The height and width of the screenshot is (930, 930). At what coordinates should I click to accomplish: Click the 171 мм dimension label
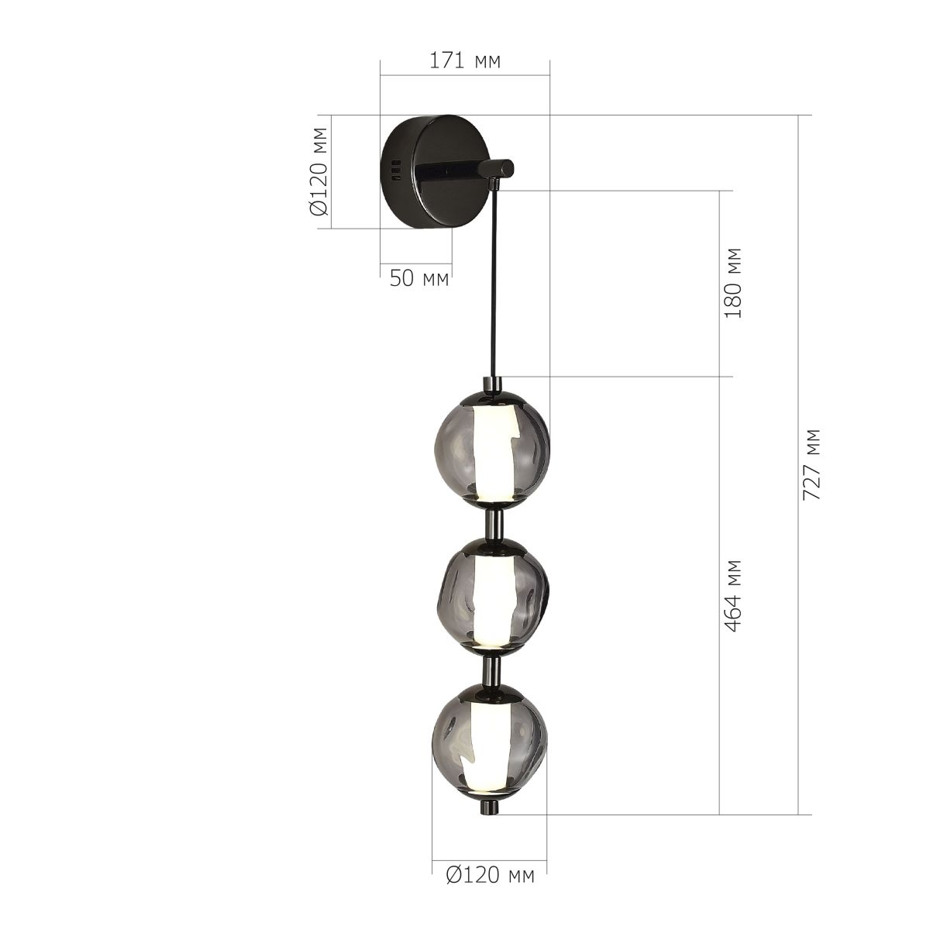coord(465,61)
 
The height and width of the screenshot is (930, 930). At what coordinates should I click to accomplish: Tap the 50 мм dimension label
coord(418,279)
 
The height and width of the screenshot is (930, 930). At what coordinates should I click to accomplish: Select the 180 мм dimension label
coord(733,283)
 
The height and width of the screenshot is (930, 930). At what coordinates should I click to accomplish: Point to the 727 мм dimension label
coord(811,463)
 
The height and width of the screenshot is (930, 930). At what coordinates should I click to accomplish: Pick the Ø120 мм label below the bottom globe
coord(491,876)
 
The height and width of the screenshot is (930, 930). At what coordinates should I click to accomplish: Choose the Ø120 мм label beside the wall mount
coord(319,171)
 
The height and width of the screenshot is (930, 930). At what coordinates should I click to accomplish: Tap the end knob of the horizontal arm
coord(497,169)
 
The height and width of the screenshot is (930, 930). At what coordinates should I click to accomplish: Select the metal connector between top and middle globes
coord(493,524)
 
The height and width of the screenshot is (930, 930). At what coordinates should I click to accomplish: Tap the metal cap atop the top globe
coord(493,384)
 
